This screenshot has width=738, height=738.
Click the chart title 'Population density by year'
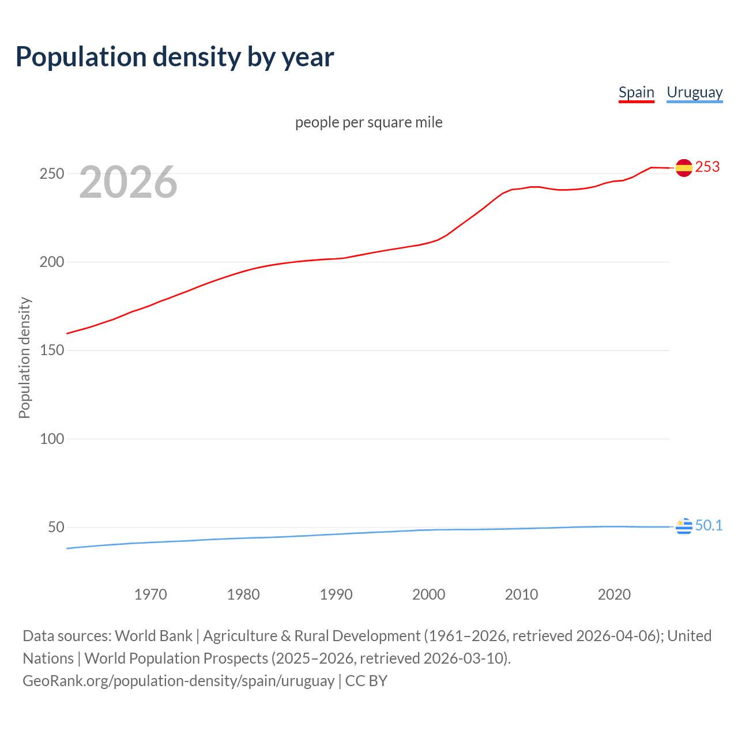[x=175, y=57]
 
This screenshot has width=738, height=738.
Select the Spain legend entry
[x=636, y=92]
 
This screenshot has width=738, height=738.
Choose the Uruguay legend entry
[x=694, y=92]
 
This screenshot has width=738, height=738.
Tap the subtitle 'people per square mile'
[x=368, y=122]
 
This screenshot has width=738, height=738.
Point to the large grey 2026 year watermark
[x=128, y=182]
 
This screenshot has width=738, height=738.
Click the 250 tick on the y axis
[x=51, y=174]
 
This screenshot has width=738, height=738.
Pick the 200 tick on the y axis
[x=51, y=262]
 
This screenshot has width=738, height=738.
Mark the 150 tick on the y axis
[x=51, y=351]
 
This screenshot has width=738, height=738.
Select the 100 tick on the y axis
[x=51, y=439]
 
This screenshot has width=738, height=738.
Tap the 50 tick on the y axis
[x=56, y=527]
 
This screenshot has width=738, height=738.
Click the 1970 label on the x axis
[x=150, y=594]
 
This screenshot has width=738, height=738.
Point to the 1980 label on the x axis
[x=243, y=594]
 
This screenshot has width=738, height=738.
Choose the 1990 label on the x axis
[x=336, y=594]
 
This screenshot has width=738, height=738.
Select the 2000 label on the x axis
[x=428, y=594]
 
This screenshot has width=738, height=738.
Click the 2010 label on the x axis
[x=521, y=594]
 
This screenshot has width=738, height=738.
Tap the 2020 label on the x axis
[x=614, y=594]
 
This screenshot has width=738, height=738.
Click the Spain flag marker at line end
[x=684, y=168]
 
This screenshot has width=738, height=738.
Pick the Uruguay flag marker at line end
[x=684, y=526]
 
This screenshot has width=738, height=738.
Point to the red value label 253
[x=707, y=167]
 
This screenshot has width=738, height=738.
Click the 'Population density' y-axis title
[x=24, y=357]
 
